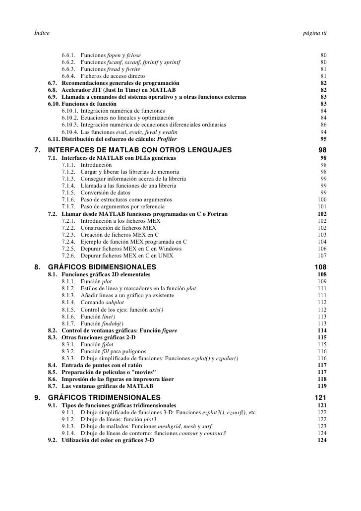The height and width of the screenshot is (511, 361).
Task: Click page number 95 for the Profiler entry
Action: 323,139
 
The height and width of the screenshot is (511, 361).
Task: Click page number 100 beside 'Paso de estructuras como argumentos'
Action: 322,199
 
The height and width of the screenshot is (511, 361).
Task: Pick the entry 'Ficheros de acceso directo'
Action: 113,76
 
